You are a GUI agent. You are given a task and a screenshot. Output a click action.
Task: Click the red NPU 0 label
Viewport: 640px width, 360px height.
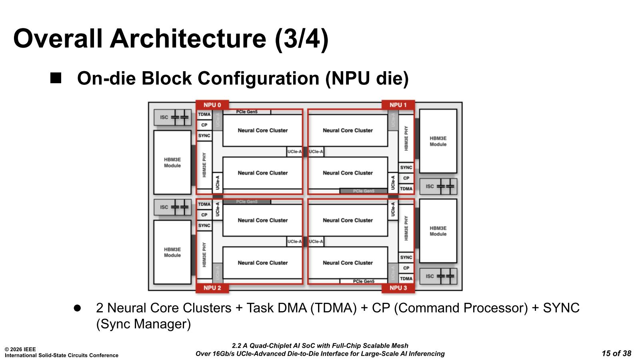[x=212, y=105]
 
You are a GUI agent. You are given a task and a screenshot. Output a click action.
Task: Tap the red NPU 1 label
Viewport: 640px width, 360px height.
[x=398, y=105]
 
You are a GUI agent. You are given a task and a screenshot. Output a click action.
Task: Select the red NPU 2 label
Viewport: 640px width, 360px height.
[x=212, y=288]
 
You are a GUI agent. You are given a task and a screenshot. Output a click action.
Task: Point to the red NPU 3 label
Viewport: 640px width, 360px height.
[x=398, y=288]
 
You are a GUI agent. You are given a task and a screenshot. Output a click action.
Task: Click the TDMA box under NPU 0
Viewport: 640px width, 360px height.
[x=204, y=114]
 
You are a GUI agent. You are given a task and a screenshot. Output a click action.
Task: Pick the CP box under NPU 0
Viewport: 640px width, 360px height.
[x=204, y=125]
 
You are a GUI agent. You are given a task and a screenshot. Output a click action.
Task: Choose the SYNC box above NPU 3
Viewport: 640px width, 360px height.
[x=406, y=257]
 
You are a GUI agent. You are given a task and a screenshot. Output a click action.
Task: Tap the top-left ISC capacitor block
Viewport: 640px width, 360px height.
[x=172, y=117]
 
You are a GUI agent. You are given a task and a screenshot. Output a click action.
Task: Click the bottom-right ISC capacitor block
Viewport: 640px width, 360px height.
[x=438, y=276]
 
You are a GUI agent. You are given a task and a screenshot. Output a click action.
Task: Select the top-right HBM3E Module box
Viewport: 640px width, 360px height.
[x=438, y=141]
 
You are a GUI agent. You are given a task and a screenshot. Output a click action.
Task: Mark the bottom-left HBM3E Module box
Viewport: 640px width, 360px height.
[x=172, y=252]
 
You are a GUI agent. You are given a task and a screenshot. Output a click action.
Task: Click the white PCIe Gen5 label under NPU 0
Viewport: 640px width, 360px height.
[x=247, y=112]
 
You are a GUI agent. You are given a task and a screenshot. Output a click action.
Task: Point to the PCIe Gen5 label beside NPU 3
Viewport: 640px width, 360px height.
[x=364, y=282]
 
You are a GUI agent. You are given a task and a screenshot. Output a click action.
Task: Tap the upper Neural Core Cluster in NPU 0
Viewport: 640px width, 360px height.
[x=263, y=130]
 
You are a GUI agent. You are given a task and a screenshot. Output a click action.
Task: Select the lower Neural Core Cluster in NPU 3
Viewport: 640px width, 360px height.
[x=348, y=263]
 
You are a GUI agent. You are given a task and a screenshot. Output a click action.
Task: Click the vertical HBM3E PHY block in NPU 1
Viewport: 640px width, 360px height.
[x=406, y=138]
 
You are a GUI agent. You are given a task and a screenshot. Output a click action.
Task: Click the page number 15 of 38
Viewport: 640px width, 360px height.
[x=616, y=353]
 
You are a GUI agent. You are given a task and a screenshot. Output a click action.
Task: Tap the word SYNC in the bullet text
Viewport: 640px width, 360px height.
[x=561, y=308]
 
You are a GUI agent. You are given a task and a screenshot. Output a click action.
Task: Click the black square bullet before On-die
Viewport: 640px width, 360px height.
[x=56, y=78]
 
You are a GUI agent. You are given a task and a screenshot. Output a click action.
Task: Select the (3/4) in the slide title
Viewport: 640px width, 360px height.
[x=301, y=38]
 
